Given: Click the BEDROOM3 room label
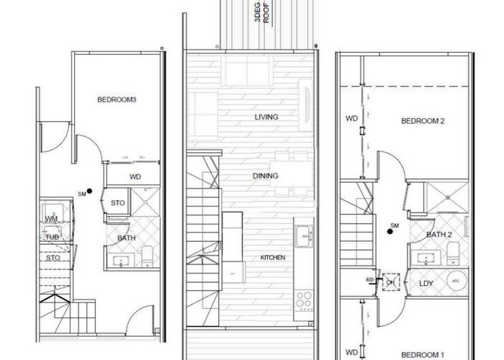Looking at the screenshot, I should tap(117, 100).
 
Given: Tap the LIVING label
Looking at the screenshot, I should tap(266, 117).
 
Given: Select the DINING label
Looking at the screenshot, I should tap(266, 176).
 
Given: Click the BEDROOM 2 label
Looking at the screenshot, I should tap(423, 121).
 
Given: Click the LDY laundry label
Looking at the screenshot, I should tap(426, 283).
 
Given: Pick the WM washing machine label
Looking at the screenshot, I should tap(51, 217).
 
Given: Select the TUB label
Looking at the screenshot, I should tap(52, 237).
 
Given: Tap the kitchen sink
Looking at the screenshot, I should tap(303, 233).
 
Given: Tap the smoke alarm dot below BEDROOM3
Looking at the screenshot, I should tap(89, 191).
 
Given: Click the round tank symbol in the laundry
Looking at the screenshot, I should tap(455, 282).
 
